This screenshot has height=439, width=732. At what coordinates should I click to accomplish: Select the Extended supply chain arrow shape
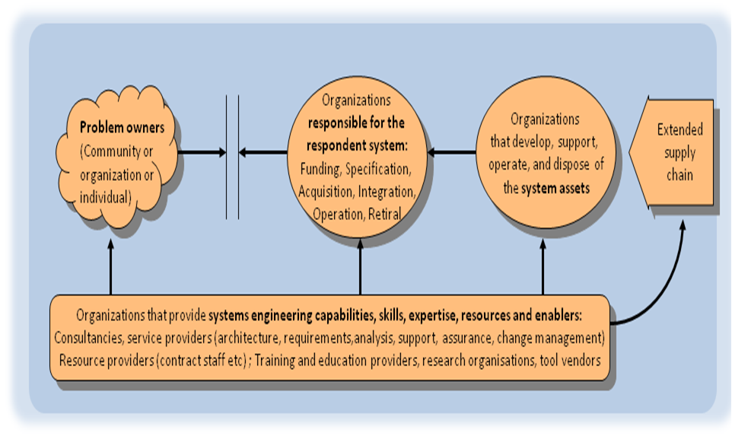[x=678, y=152]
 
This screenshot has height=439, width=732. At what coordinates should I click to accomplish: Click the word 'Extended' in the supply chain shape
[x=680, y=129]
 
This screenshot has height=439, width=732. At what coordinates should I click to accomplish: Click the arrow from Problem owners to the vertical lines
[x=202, y=153]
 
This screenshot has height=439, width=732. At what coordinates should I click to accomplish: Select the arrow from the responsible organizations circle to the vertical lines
[x=263, y=153]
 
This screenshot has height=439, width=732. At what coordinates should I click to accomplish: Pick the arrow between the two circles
[x=452, y=153]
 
